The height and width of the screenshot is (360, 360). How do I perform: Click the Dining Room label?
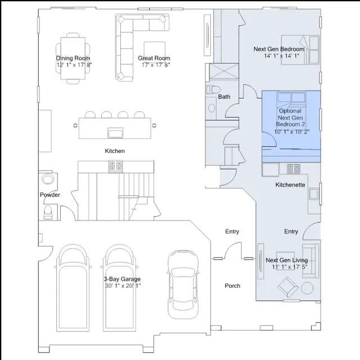73,58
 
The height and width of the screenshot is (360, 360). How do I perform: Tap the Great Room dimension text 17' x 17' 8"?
156,65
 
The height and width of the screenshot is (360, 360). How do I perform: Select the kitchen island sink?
115,133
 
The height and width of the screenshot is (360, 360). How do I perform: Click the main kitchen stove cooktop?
115,166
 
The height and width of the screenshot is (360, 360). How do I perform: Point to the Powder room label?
50,195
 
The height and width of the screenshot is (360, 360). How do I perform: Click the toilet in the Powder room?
48,213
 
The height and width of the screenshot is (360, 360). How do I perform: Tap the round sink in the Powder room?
48,179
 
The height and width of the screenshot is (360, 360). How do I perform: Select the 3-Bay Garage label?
122,279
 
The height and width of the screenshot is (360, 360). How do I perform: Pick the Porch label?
232,286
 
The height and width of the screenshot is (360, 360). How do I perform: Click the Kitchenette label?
290,185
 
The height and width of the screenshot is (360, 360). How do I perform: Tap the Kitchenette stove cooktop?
294,169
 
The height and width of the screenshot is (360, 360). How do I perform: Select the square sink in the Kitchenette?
313,194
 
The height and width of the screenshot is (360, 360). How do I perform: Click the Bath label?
224,97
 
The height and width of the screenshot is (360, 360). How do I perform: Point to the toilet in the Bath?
213,89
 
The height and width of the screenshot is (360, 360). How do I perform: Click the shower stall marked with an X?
224,71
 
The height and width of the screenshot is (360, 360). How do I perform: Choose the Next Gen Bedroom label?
279,49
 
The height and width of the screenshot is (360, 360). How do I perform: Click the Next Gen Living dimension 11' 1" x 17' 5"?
290,267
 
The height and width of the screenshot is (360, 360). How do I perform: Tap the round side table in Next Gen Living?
307,288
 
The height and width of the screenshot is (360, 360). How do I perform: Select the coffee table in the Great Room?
155,52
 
